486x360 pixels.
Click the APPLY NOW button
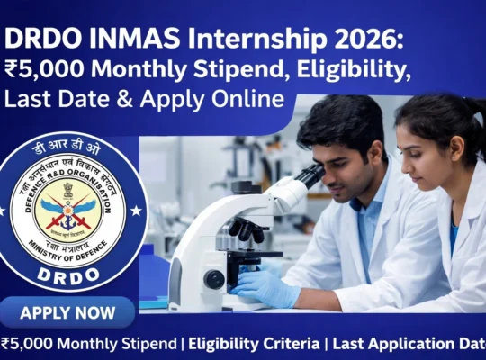67,313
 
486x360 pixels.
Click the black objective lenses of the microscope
248,229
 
